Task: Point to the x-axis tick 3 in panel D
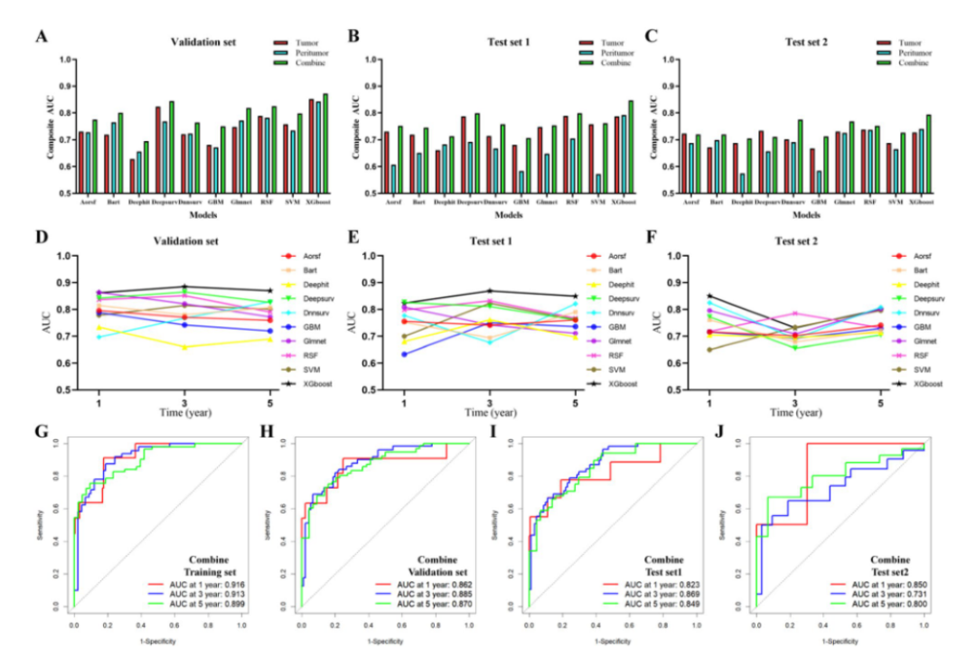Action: coord(185,400)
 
